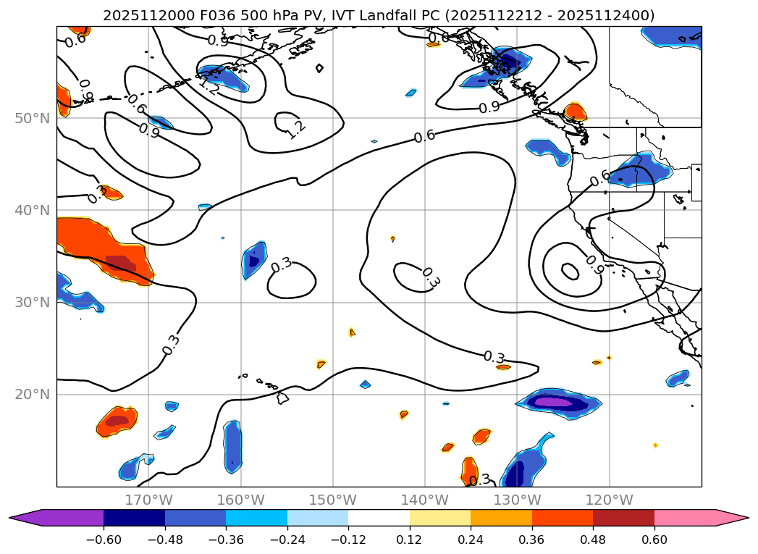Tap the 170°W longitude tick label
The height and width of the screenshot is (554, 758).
coord(148,500)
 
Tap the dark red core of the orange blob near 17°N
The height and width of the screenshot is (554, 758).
coord(117,420)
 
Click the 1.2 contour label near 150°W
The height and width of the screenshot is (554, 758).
coord(295,130)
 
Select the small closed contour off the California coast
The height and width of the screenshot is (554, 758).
coord(570,272)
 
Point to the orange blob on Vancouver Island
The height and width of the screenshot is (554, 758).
coord(575,112)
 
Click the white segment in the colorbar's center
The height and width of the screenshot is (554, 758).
coord(379,518)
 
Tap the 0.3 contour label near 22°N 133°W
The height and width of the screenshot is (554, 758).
coord(494,358)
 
